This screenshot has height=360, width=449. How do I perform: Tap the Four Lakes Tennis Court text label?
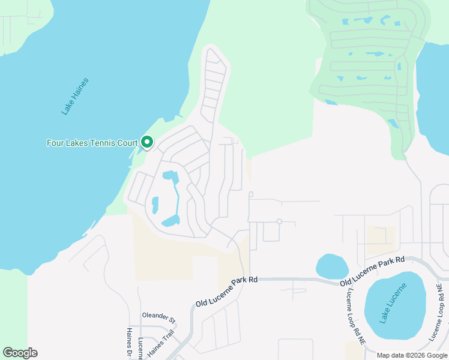tap(92, 143)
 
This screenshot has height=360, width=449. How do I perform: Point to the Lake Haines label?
tap(75, 96)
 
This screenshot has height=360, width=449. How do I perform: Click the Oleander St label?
tap(158, 316)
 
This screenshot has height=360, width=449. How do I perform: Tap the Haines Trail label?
tap(160, 344)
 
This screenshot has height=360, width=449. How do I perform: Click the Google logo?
tap(20, 353)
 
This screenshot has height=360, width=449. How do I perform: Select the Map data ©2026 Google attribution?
tap(411, 355)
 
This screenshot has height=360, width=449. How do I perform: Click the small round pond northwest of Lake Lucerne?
tap(332, 266)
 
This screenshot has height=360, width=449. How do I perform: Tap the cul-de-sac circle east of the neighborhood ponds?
tap(279, 221)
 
